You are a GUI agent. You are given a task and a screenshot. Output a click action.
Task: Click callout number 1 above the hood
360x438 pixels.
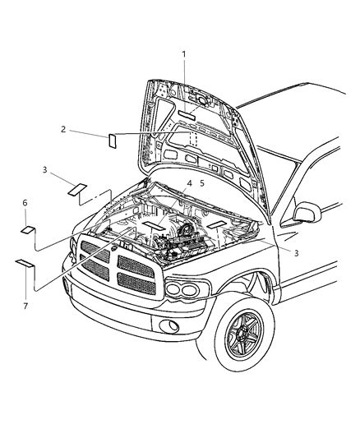[x=184, y=54]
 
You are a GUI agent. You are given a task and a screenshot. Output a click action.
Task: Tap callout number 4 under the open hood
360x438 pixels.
[x=188, y=184]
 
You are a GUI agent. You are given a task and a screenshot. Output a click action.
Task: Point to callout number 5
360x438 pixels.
[x=201, y=184]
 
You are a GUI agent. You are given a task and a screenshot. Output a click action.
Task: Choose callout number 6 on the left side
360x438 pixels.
[x=25, y=202]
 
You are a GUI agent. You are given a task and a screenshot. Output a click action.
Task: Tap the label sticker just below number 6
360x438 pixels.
[x=26, y=229]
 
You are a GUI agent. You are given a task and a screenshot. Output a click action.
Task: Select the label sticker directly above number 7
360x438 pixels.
[x=23, y=264]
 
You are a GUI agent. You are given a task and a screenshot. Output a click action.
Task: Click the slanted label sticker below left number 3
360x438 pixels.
[x=78, y=189]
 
